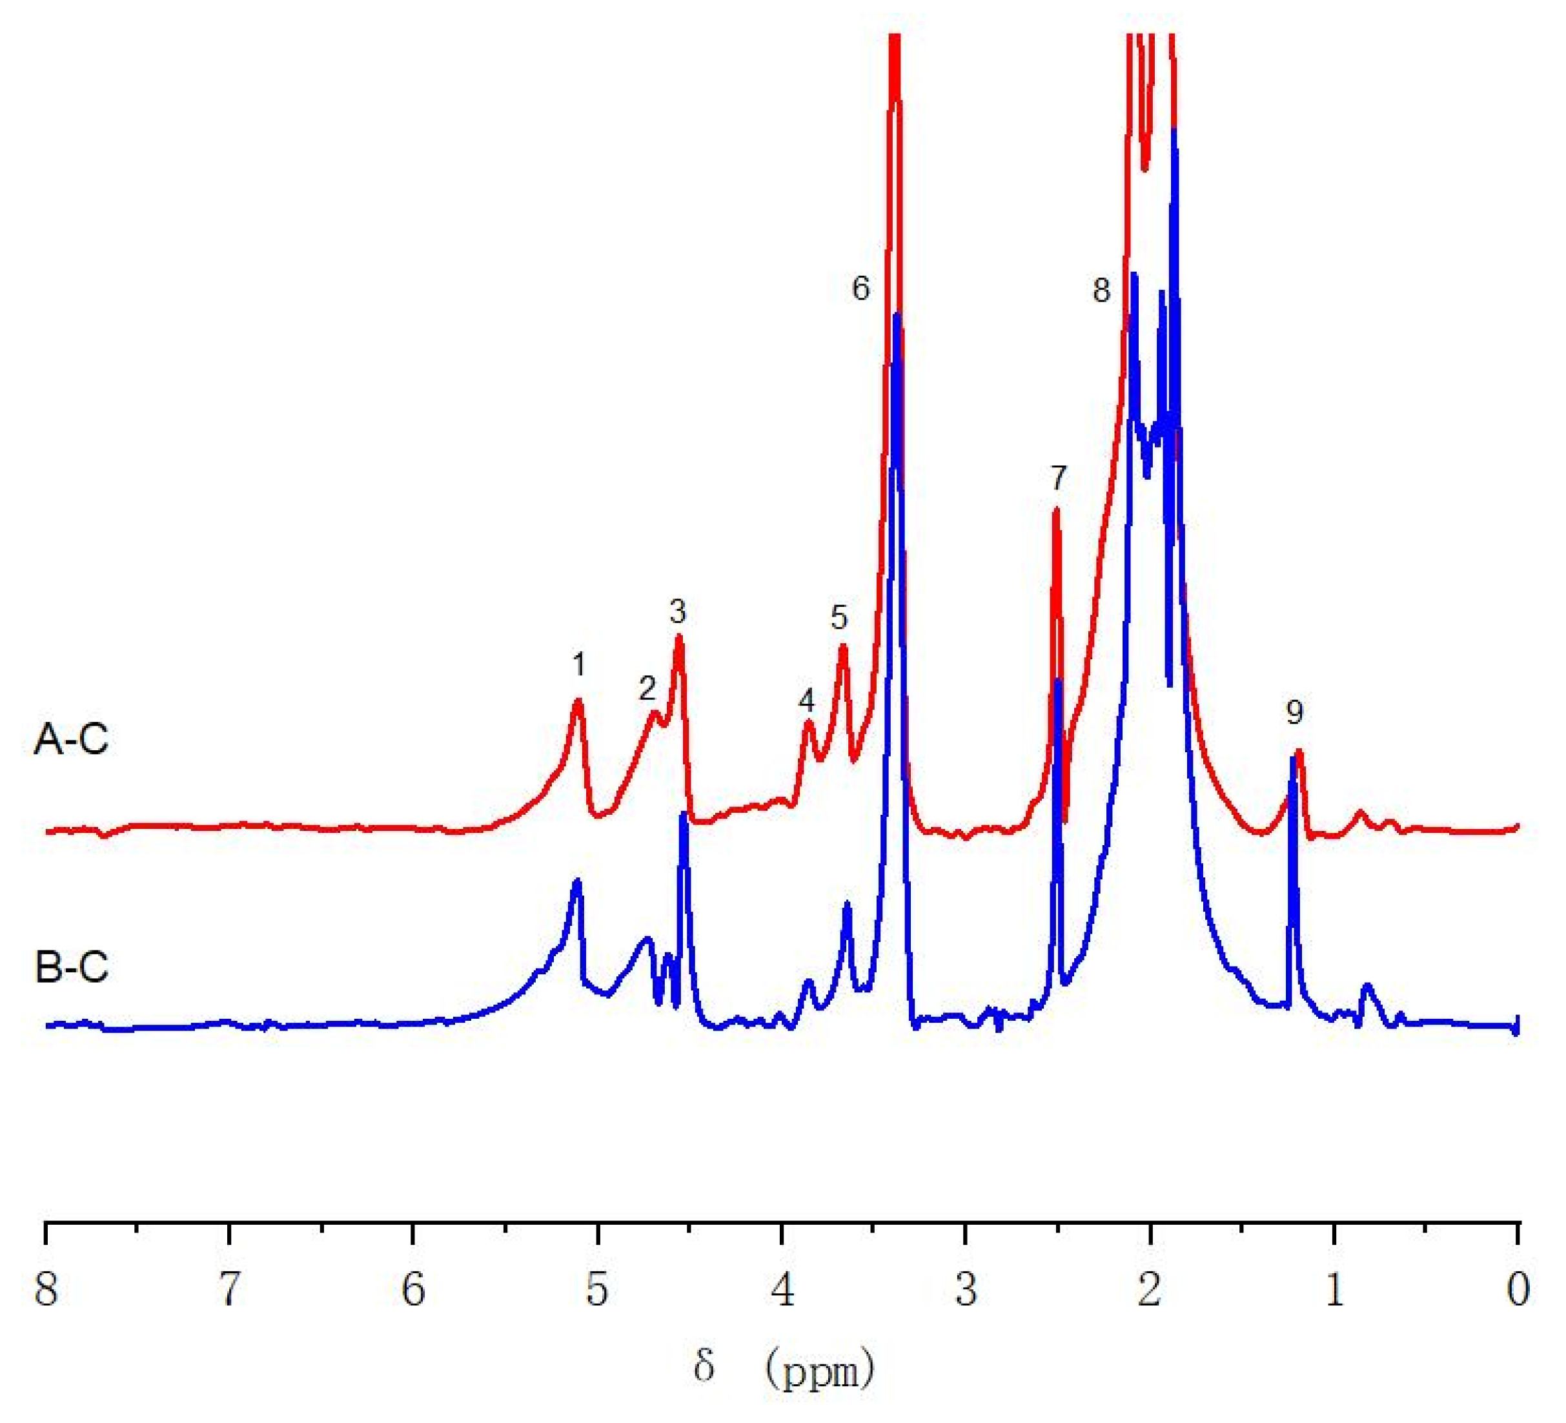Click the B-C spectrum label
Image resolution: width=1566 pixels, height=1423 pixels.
71,967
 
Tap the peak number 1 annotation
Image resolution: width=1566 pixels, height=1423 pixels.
579,665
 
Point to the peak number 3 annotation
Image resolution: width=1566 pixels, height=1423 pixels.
678,613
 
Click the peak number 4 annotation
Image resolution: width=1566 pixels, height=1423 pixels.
806,701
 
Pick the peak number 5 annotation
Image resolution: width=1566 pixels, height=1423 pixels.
839,617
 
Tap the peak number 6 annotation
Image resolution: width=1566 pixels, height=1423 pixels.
860,289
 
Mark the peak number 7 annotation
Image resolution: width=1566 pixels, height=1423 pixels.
1059,479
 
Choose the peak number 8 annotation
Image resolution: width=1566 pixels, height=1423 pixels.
1101,291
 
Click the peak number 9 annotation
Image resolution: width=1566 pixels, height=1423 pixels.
1294,712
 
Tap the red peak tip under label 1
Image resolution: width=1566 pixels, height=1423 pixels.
578,701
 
